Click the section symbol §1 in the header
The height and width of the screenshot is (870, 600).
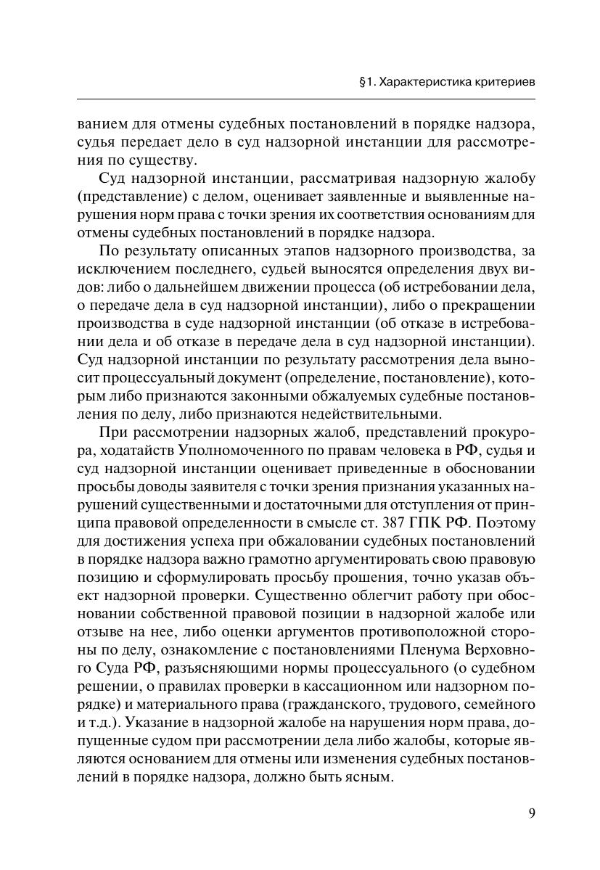tap(366, 82)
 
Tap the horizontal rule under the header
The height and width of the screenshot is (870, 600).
tap(305, 99)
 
